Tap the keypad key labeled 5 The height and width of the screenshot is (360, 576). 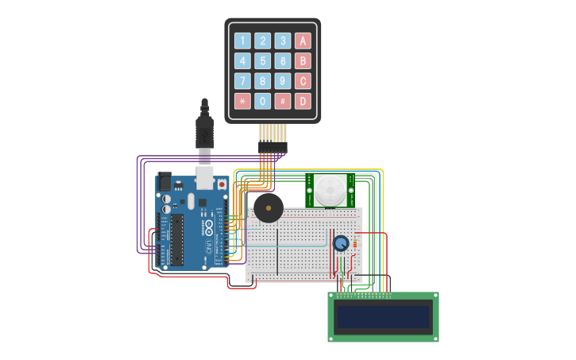(x=262, y=61)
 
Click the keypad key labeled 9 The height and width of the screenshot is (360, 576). (x=283, y=81)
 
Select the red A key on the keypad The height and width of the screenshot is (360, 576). (x=303, y=41)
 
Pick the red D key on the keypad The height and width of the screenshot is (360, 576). (x=303, y=101)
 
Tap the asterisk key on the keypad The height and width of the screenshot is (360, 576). (x=242, y=101)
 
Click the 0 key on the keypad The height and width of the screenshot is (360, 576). (x=262, y=101)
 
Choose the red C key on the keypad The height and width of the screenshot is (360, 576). (x=303, y=81)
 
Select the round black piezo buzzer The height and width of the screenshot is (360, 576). (x=268, y=208)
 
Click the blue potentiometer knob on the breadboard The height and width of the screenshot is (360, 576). (x=341, y=244)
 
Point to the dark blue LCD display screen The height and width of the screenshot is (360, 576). (x=383, y=317)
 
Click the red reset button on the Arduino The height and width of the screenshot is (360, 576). (x=221, y=184)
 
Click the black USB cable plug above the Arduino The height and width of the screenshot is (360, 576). (x=205, y=131)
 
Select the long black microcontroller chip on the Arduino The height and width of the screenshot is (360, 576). (x=176, y=239)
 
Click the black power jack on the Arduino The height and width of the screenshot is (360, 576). (x=164, y=181)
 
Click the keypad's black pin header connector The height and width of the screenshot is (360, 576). (x=272, y=148)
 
